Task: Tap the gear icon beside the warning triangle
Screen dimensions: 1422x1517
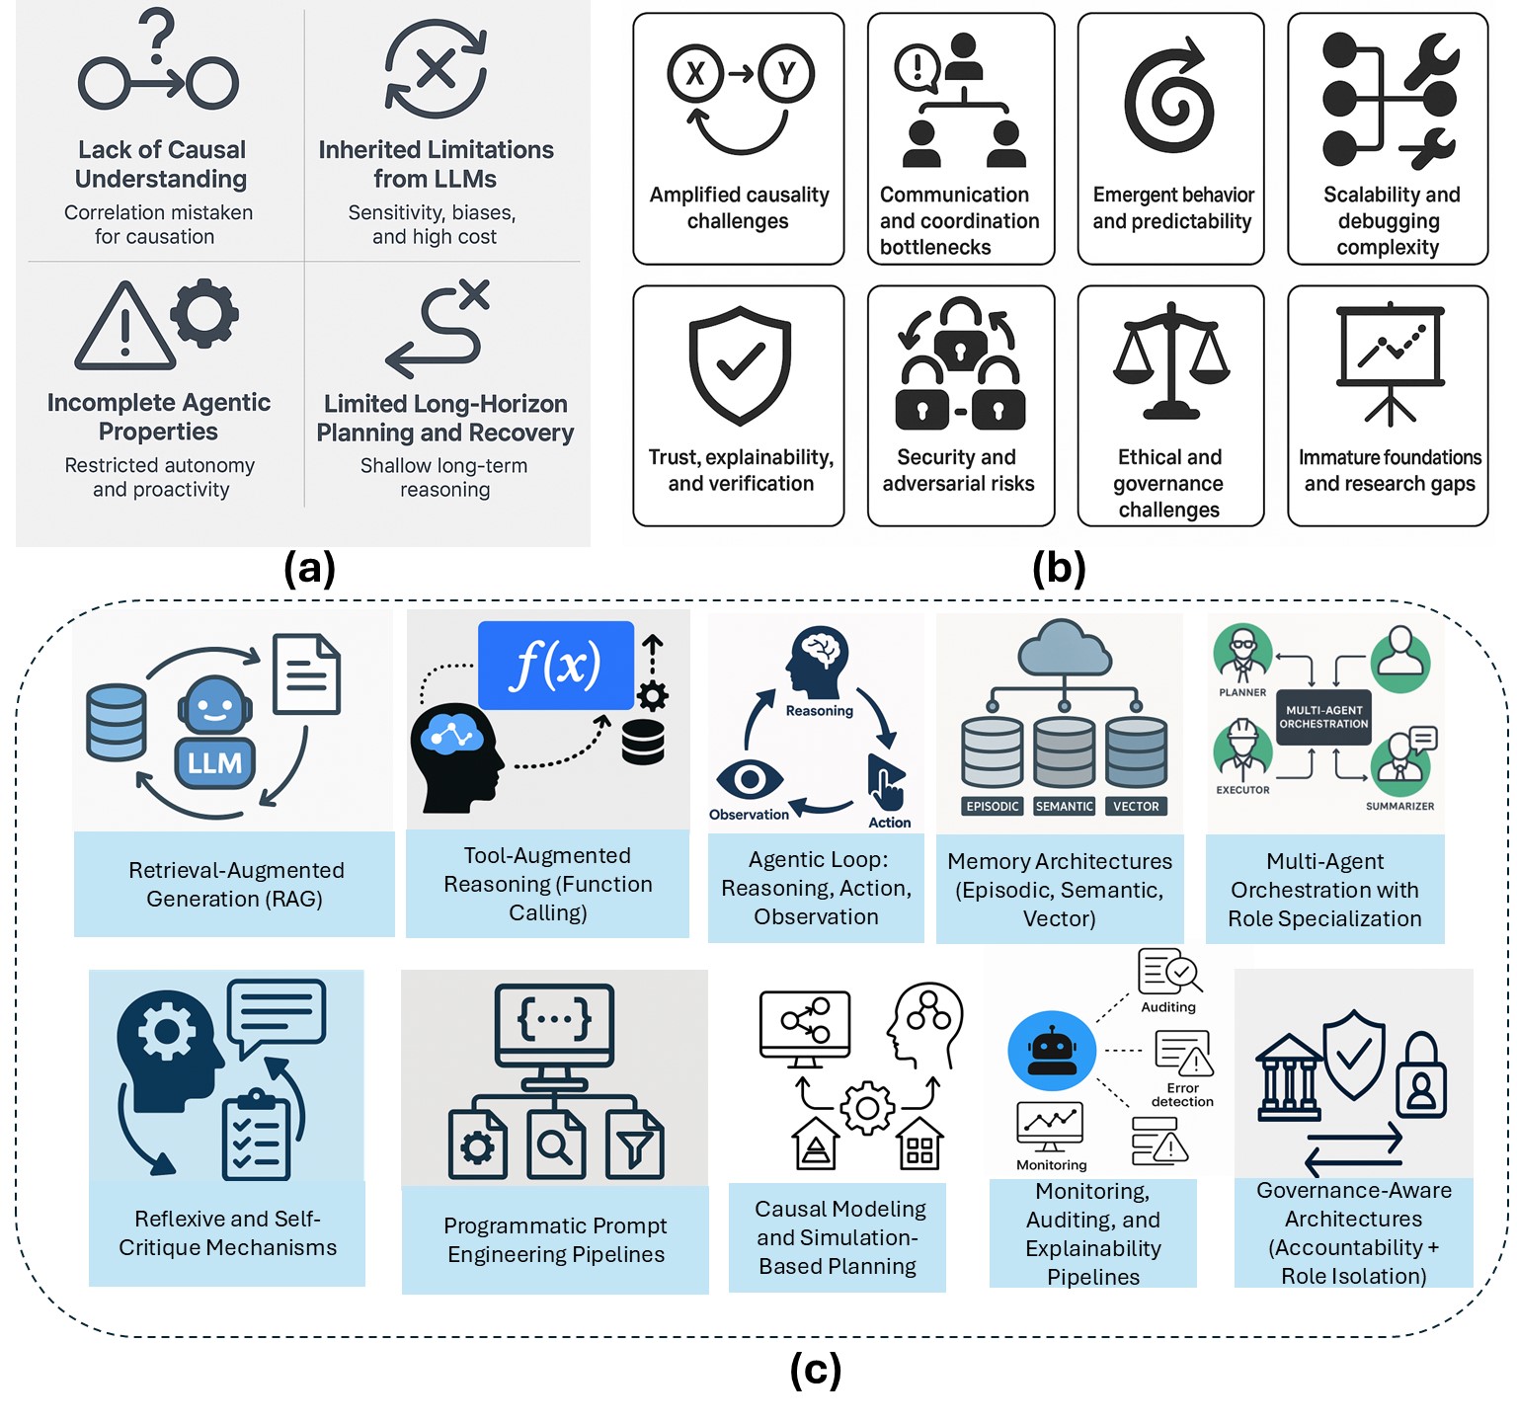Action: click(x=204, y=313)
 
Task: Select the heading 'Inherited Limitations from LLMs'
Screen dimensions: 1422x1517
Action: click(x=436, y=164)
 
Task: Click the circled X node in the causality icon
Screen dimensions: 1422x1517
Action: click(x=695, y=74)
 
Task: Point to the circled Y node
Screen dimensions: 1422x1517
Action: click(x=786, y=74)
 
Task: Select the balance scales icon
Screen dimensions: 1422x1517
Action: click(x=1170, y=361)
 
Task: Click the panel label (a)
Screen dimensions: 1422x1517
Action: click(x=309, y=569)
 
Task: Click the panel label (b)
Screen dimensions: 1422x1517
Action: click(x=1059, y=569)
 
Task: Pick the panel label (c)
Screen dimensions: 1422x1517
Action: click(x=816, y=1370)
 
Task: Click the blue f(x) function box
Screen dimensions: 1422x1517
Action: click(x=556, y=665)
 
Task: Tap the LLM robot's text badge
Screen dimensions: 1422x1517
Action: click(x=214, y=762)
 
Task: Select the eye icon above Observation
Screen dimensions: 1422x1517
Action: click(x=750, y=780)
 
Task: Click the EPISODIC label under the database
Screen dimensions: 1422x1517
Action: click(x=993, y=807)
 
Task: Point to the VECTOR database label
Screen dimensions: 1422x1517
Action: click(x=1136, y=807)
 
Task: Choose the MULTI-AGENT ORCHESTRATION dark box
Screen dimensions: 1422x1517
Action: click(x=1323, y=717)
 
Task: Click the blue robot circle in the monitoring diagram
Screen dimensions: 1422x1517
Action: click(x=1052, y=1051)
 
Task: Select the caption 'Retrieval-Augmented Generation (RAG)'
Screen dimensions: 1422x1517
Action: click(x=235, y=885)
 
